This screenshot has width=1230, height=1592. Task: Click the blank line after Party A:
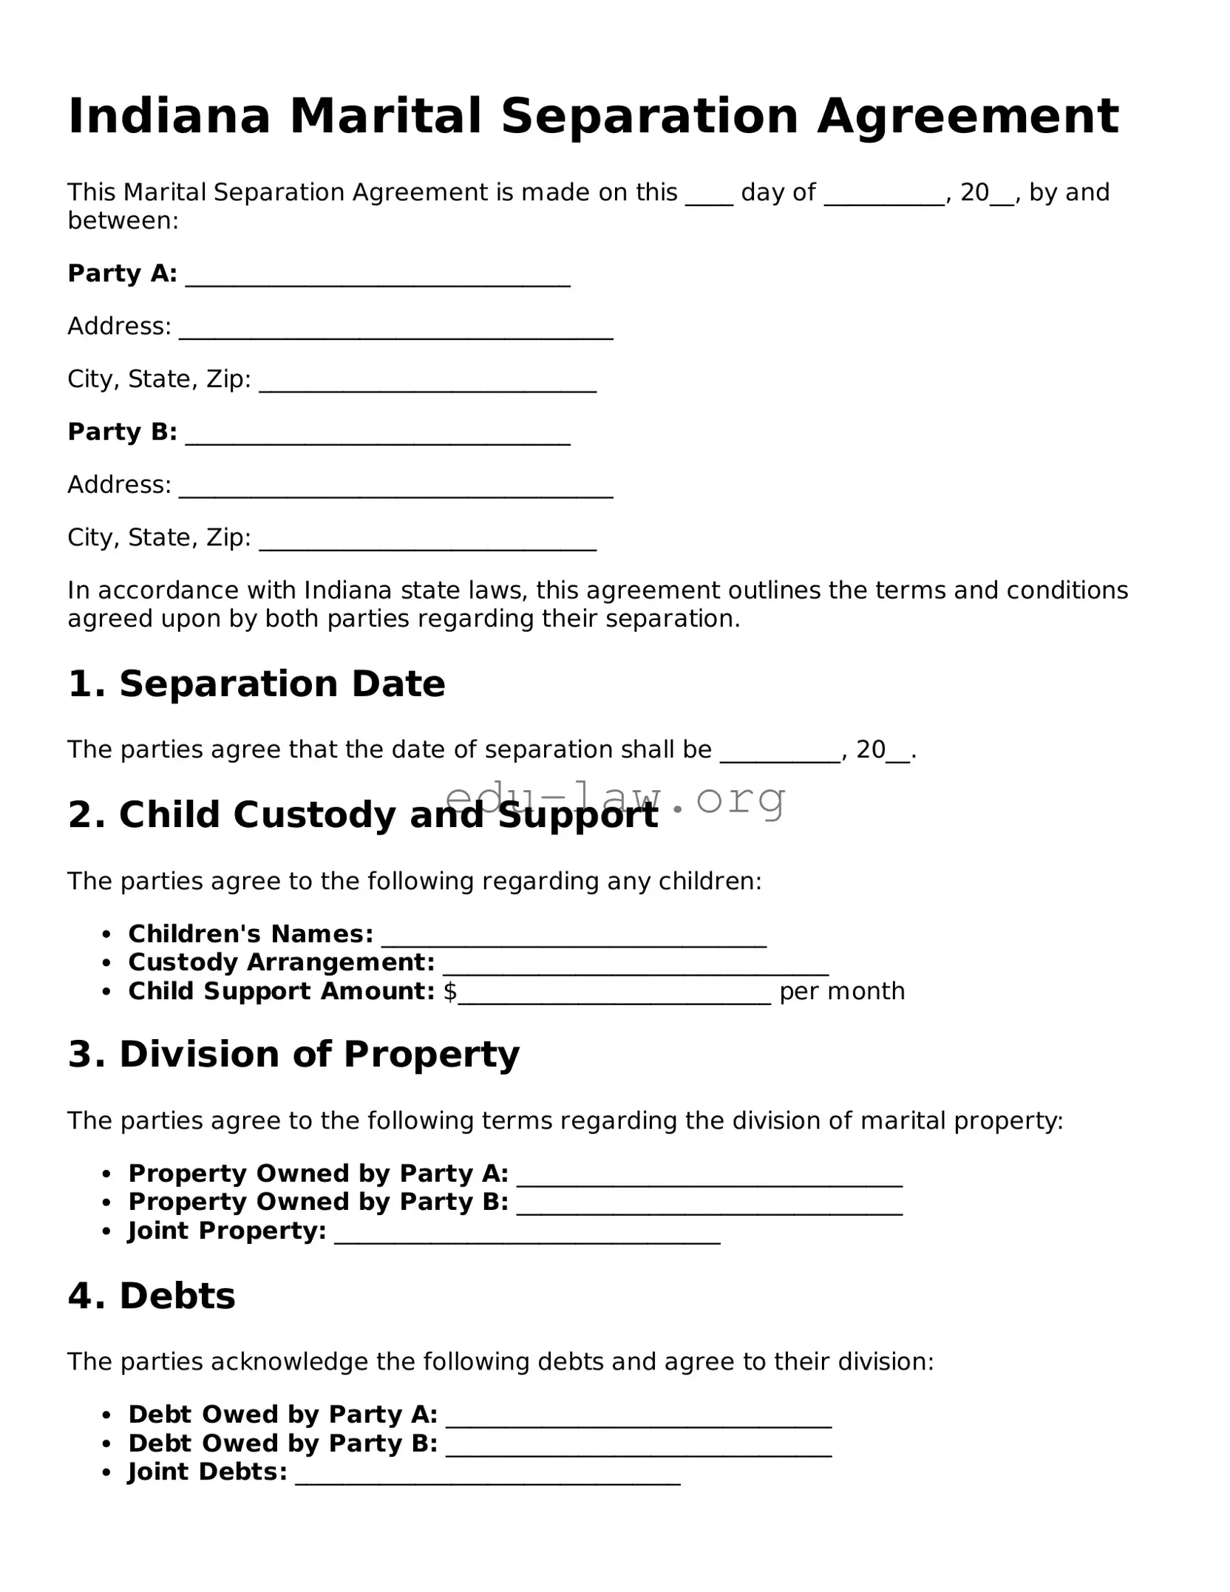(x=377, y=279)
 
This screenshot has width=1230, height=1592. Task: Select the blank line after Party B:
(x=377, y=438)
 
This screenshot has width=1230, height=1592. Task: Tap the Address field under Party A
(x=395, y=332)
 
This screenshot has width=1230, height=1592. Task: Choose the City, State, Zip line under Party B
(x=427, y=543)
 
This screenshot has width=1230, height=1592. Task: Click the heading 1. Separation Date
(x=256, y=684)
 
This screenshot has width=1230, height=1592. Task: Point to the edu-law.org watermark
(x=615, y=798)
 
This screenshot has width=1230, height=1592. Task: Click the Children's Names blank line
(x=574, y=940)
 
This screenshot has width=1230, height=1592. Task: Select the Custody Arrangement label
(x=281, y=962)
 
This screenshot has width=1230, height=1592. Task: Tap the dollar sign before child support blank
(x=449, y=991)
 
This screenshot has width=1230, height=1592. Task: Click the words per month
(x=841, y=991)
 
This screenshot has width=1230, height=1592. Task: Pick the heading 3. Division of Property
(x=293, y=1054)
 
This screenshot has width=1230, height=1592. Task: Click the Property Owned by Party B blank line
(x=709, y=1202)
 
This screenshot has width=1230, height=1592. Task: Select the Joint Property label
(x=227, y=1231)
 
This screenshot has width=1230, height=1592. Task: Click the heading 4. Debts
(x=152, y=1296)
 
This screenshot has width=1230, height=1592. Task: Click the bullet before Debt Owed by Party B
(x=107, y=1444)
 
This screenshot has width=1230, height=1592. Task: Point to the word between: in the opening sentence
(x=123, y=220)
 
